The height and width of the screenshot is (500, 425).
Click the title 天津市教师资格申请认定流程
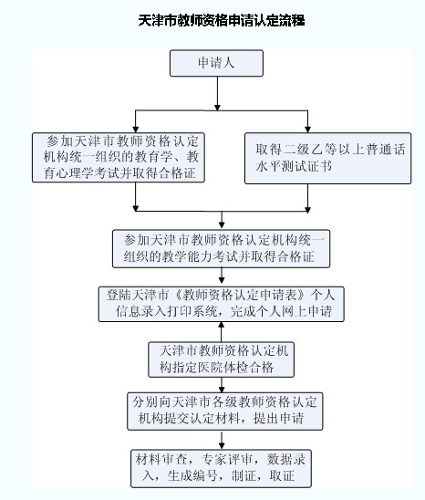coord(222,21)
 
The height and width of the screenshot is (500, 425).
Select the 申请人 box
coord(216,63)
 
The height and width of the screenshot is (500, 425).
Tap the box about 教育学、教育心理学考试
coord(119,158)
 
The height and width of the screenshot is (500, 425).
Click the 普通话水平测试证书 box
coord(327,158)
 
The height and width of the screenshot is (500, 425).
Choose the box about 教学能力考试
coord(221,249)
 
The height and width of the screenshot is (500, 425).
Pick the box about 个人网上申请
coord(221,304)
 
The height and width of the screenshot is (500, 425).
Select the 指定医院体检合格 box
coord(221,359)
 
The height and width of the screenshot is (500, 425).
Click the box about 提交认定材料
coord(224,411)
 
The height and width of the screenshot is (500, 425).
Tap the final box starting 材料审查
coord(221,468)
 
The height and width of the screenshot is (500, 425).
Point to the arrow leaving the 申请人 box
coord(217,93)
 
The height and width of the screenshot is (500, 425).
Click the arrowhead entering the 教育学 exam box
coord(136,129)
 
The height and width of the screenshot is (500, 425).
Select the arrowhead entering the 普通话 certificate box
coord(307,129)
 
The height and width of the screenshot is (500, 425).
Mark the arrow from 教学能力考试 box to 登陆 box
coord(222,276)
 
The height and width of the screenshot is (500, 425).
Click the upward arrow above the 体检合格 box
coord(222,332)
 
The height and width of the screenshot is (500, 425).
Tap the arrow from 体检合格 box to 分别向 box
coord(222,385)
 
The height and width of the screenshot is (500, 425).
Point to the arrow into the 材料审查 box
coord(222,440)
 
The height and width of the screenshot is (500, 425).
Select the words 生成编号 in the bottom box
coord(192,476)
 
